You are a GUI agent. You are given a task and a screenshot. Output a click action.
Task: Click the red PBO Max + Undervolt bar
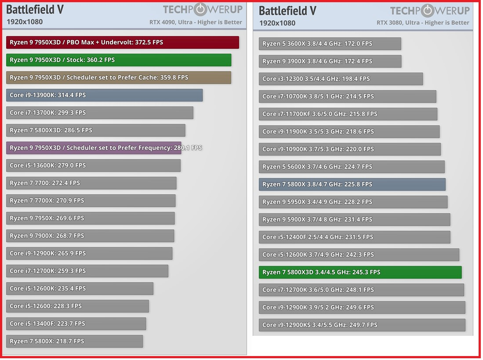[x=122, y=42]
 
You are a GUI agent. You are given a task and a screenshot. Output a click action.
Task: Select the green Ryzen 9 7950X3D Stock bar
[x=119, y=60]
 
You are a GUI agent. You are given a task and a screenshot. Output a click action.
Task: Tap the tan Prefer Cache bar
[x=119, y=77]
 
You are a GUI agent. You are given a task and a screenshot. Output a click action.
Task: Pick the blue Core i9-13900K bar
[x=104, y=95]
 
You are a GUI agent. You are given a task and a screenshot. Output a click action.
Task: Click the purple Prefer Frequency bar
[x=94, y=148]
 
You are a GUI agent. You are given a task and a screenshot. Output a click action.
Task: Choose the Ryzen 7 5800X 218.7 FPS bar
[x=74, y=341]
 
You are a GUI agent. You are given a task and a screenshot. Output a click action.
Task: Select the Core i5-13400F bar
[x=76, y=324]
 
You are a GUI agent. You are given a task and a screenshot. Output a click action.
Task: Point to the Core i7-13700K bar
[x=100, y=113]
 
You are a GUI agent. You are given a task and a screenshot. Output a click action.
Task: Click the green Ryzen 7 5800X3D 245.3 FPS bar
[x=360, y=272]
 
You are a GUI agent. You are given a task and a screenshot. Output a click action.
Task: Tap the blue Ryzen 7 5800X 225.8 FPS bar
[x=352, y=184]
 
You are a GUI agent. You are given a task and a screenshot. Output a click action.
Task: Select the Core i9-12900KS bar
[x=362, y=325]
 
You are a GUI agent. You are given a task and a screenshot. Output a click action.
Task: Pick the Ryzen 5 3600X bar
[x=330, y=44]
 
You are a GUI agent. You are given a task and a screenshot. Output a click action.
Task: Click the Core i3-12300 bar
[x=341, y=79]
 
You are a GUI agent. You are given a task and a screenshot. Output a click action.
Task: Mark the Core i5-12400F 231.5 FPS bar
[x=354, y=237]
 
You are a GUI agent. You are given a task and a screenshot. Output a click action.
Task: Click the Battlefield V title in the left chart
[x=35, y=9]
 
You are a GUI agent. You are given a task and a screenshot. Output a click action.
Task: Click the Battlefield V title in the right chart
[x=287, y=11]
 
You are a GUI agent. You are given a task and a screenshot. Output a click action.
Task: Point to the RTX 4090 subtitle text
[x=196, y=22]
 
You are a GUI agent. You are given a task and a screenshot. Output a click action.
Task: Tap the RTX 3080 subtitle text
[x=423, y=22]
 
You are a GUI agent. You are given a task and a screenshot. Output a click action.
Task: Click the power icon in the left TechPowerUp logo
[x=200, y=9]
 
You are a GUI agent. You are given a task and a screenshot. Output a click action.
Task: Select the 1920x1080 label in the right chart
[x=277, y=23]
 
